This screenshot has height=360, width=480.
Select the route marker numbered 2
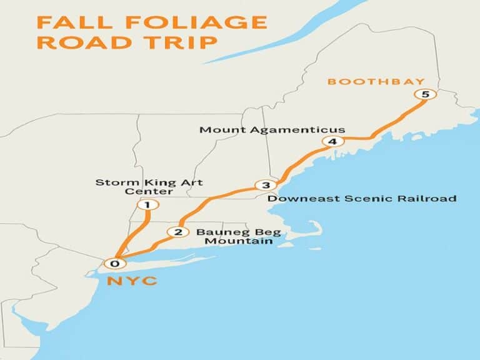click(178, 232)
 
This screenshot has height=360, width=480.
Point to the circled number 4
click(332, 142)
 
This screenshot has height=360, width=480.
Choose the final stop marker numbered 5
click(425, 94)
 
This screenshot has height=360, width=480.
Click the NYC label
click(132, 281)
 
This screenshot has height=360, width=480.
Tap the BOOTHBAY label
click(376, 82)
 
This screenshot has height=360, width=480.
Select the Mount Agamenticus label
click(272, 130)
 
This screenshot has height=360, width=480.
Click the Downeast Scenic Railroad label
click(362, 199)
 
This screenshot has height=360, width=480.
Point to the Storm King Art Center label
click(149, 186)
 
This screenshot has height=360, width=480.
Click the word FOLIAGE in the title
click(197, 22)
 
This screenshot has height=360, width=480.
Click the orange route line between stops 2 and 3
click(212, 199)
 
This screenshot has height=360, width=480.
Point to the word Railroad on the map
click(428, 199)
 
